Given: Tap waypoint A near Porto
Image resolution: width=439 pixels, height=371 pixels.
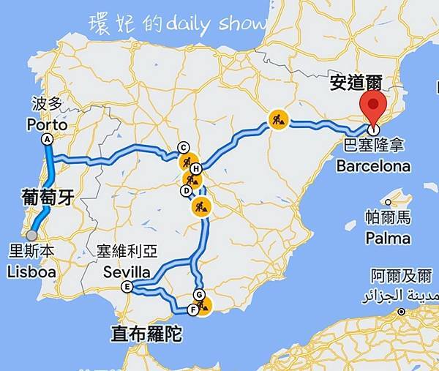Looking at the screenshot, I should (x=48, y=139).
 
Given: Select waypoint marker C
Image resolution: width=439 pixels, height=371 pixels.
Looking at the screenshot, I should (x=184, y=146).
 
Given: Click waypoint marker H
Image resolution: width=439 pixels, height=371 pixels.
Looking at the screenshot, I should (x=196, y=168).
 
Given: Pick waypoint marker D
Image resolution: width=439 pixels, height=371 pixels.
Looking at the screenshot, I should (x=187, y=190).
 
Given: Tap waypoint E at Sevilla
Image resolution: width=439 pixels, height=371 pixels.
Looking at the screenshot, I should (x=127, y=287).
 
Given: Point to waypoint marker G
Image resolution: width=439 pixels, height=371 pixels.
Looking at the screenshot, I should (x=198, y=295).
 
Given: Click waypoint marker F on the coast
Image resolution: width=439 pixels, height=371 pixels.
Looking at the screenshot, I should (x=192, y=310).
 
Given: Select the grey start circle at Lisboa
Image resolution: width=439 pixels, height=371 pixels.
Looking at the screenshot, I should (x=31, y=236).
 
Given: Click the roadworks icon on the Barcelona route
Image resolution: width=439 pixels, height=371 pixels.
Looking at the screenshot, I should (x=278, y=119).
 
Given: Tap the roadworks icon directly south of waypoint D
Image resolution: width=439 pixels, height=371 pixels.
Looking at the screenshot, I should (x=198, y=207).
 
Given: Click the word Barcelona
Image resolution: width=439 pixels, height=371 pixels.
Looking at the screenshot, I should (x=373, y=166).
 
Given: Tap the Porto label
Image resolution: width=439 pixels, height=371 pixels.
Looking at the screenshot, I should (x=47, y=125).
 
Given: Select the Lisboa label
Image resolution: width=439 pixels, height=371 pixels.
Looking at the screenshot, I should (x=31, y=272).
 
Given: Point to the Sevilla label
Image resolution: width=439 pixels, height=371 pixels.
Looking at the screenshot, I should (x=127, y=272).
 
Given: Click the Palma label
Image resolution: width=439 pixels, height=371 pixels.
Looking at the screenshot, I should (x=388, y=238).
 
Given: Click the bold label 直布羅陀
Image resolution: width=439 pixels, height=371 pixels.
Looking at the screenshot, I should (x=146, y=334).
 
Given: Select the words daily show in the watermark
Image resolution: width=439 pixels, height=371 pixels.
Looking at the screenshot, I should (x=216, y=24).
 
